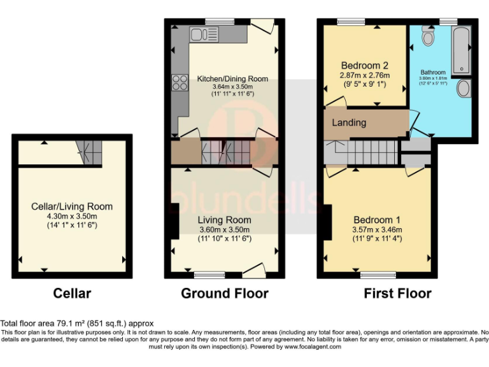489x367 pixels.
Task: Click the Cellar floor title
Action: pos(72,293)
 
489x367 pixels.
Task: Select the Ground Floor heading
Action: pos(224,293)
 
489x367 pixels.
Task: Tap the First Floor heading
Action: pos(397,293)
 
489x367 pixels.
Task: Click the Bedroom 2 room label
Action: pos(364,66)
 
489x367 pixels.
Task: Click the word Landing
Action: pos(349,122)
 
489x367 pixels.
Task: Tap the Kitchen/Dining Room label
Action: pos(232,79)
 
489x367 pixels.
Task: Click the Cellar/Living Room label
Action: pos(72,206)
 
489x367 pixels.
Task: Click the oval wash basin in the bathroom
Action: pos(464,88)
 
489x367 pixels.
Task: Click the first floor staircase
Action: pos(366,153)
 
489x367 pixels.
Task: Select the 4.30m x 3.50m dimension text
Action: pos(72,216)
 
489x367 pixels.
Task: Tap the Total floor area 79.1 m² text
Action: pos(76,324)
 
